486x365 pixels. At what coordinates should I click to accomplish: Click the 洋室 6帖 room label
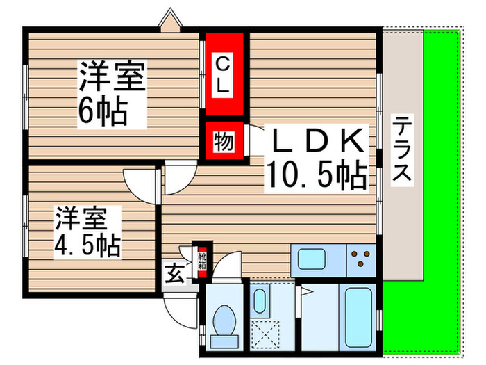coord(111,94)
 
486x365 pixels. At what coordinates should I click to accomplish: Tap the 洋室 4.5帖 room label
coord(87,231)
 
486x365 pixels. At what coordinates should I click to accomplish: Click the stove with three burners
coord(362,261)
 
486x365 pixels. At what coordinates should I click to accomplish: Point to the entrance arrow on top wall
coord(171,19)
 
